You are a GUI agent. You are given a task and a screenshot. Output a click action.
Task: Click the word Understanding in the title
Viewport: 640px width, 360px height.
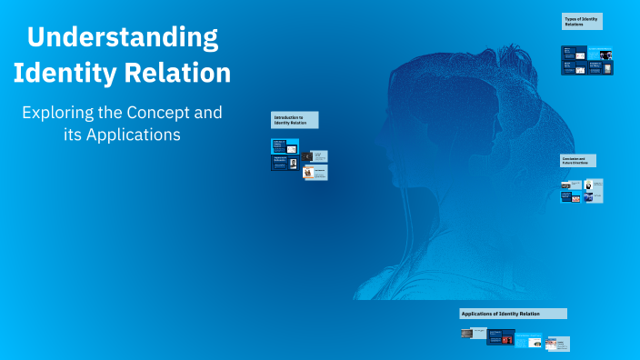point(123,38)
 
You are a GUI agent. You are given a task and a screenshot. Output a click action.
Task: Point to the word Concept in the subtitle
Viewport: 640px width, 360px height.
point(165,114)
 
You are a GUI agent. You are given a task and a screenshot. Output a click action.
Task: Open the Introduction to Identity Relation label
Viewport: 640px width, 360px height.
point(295,121)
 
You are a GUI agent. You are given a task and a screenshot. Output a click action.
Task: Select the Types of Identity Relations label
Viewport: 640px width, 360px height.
point(582,21)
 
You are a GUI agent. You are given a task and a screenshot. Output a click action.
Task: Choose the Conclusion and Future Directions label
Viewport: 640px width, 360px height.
point(577,161)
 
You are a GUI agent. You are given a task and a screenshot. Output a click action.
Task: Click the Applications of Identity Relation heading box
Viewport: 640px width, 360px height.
point(513,314)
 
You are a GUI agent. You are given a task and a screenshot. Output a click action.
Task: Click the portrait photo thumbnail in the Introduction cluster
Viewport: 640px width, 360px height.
point(293,164)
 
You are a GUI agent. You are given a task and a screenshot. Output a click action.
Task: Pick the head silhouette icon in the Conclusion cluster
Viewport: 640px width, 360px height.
point(588,185)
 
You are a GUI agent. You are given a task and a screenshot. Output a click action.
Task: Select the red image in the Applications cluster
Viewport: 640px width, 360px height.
point(507,340)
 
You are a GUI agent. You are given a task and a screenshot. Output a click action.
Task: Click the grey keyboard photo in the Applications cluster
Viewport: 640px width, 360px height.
point(466,334)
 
